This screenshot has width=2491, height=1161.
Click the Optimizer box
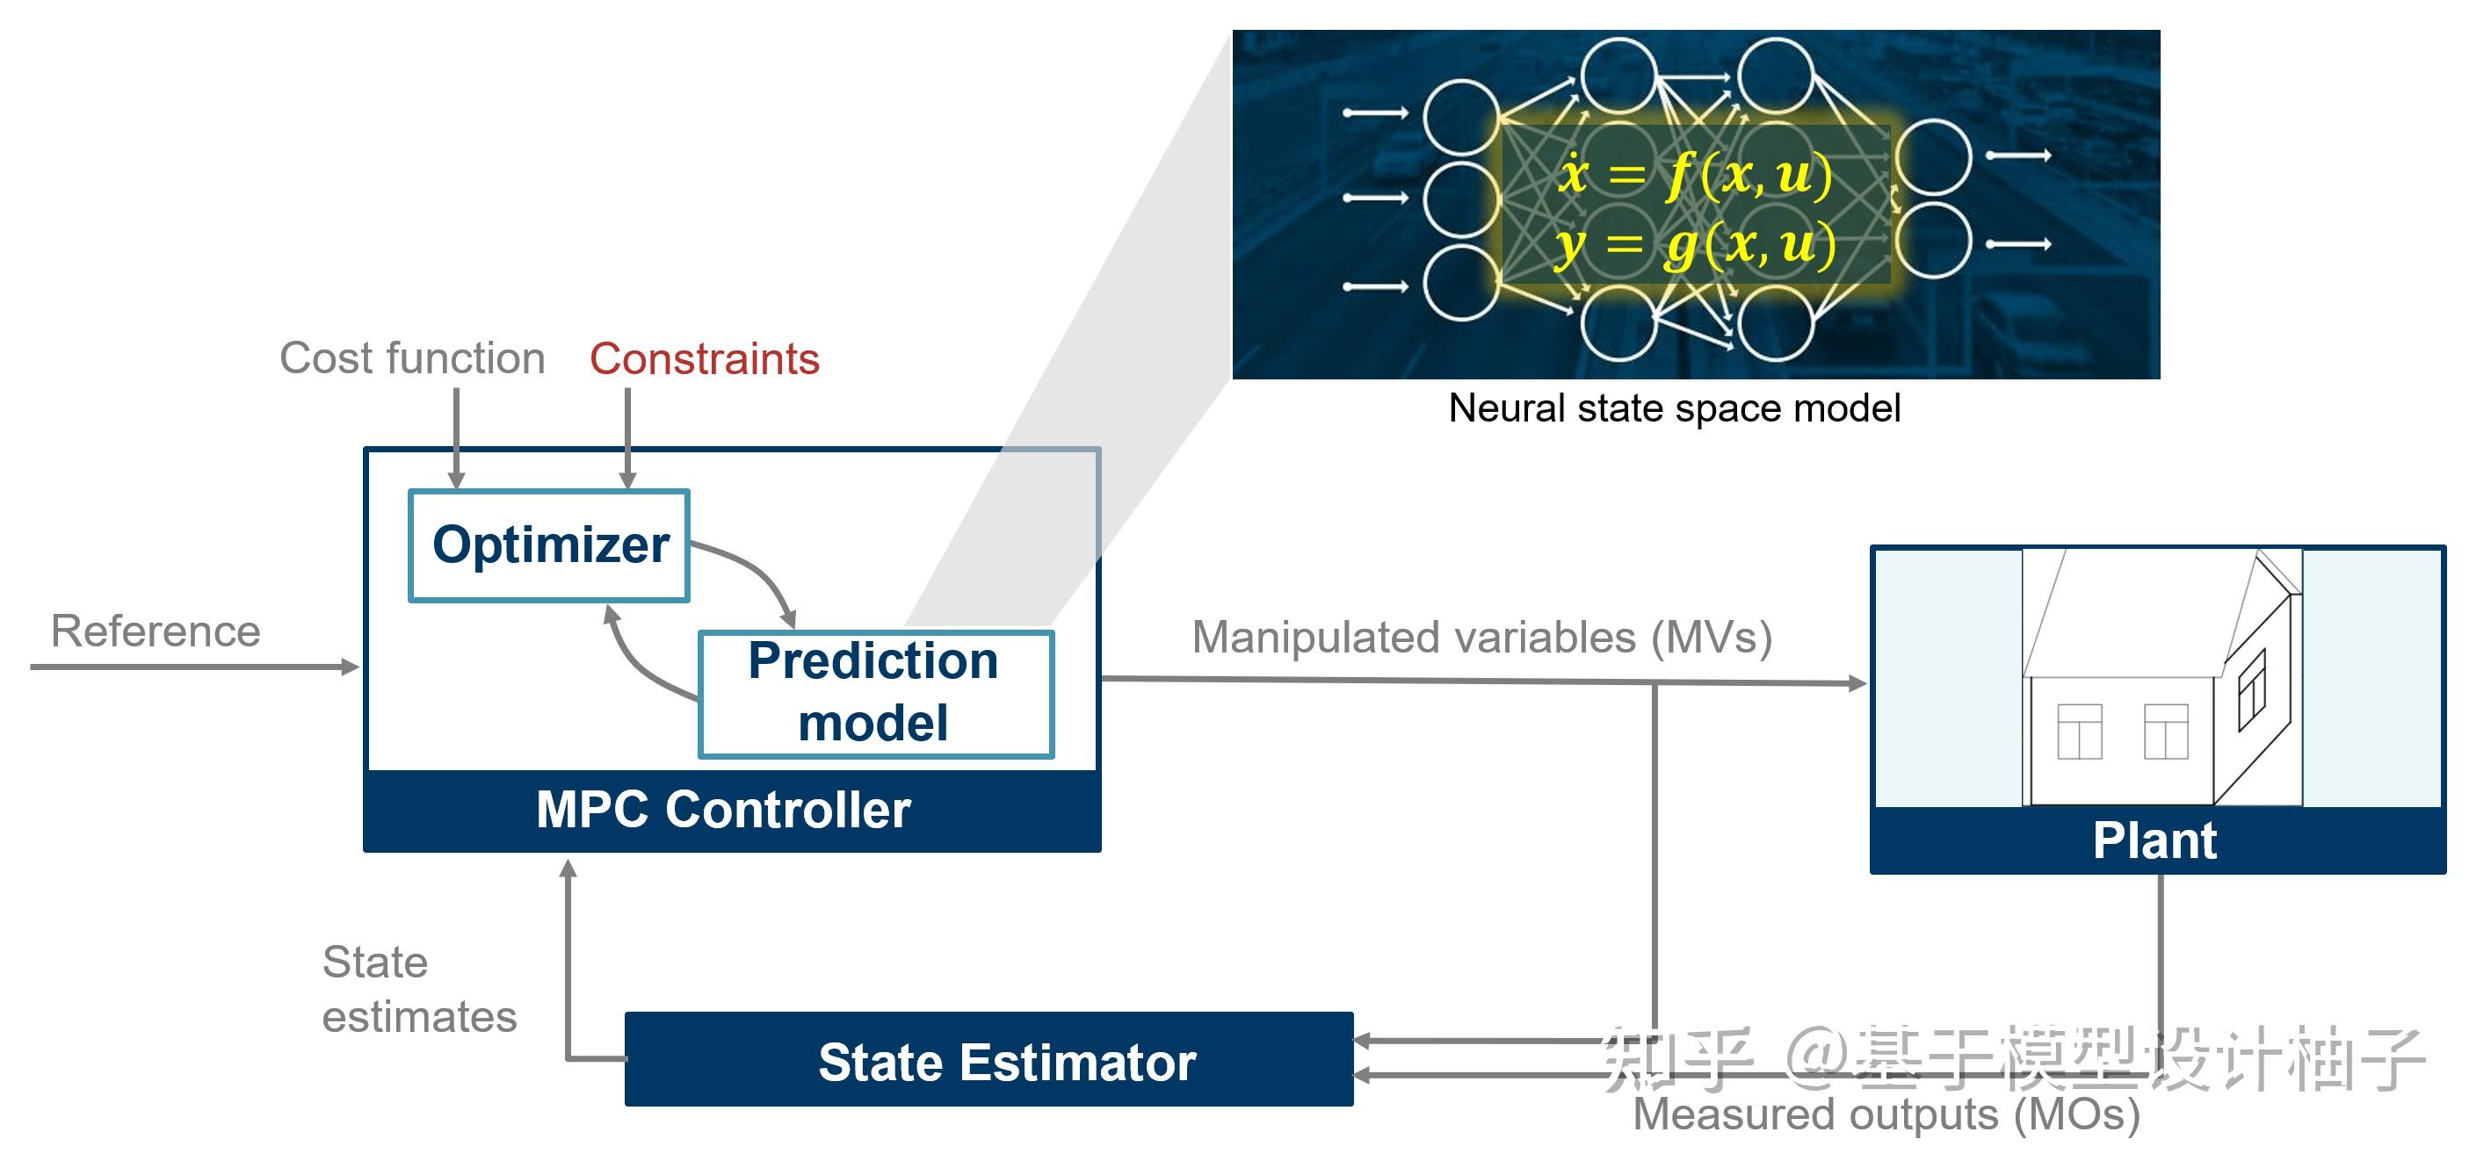pyautogui.click(x=549, y=545)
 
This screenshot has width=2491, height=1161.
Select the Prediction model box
pyautogui.click(x=875, y=693)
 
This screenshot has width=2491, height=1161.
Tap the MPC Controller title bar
pyautogui.click(x=723, y=810)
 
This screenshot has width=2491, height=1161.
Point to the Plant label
pyautogui.click(x=2154, y=840)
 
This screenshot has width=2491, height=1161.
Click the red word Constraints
pyautogui.click(x=704, y=359)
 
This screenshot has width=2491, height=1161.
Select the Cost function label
pyautogui.click(x=412, y=358)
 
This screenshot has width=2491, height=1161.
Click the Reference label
pyautogui.click(x=156, y=632)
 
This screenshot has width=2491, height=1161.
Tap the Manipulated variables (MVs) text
pyautogui.click(x=1481, y=638)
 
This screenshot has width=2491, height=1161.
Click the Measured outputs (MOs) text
pyautogui.click(x=1886, y=1114)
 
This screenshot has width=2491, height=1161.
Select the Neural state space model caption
pyautogui.click(x=1674, y=408)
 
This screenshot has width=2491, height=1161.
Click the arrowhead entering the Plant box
pyautogui.click(x=1857, y=683)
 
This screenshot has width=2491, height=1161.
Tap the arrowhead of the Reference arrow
pyautogui.click(x=350, y=667)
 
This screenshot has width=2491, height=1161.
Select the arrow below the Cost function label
pyautogui.click(x=456, y=435)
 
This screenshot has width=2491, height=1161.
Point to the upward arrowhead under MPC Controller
pyautogui.click(x=568, y=868)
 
